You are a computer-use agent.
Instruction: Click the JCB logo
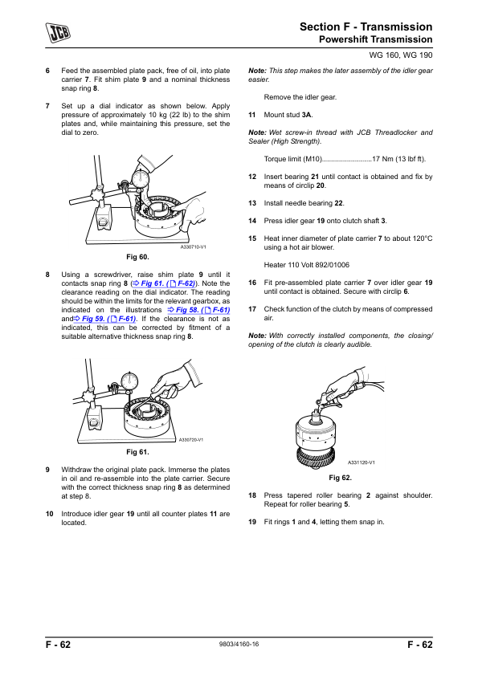point(58,32)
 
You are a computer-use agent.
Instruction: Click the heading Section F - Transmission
point(366,26)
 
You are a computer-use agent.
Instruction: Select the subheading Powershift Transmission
point(375,39)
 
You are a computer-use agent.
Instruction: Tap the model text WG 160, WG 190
point(400,55)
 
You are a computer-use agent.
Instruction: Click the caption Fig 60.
point(137,257)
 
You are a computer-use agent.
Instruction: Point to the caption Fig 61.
point(137,452)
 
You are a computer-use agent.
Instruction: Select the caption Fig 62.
point(340,477)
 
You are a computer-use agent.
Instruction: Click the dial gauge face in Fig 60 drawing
point(141,178)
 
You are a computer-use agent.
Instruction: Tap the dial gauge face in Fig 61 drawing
point(129,381)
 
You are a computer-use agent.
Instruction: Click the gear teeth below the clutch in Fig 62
point(315,456)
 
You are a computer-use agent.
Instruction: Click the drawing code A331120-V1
point(361,462)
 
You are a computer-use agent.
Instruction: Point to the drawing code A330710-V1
point(194,247)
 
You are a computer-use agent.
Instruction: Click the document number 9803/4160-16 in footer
point(239,644)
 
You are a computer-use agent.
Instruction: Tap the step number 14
point(252,221)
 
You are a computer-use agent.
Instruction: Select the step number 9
point(47,470)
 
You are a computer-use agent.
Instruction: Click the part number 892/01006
point(332,265)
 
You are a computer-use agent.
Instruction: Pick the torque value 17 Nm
point(382,159)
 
